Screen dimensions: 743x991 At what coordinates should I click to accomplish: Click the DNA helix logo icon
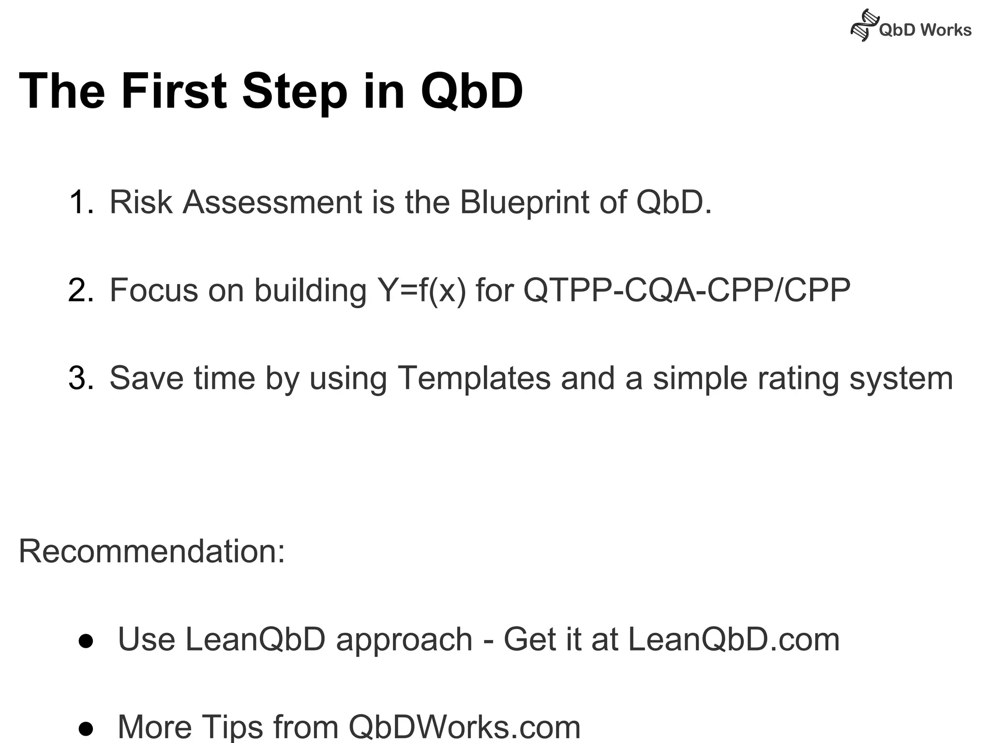[864, 25]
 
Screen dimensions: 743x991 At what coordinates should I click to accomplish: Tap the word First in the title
[174, 91]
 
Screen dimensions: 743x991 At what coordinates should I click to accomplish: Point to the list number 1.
[80, 202]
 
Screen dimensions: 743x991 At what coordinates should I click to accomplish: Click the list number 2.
[80, 290]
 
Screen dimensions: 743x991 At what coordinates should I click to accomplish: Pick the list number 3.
[80, 378]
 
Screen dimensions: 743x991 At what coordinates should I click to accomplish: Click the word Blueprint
[524, 203]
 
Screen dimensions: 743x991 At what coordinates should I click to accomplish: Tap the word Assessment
[272, 202]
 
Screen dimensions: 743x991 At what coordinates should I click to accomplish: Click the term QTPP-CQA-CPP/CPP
[687, 290]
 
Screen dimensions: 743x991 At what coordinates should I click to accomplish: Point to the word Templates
[474, 378]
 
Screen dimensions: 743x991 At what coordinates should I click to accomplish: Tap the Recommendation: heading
[152, 551]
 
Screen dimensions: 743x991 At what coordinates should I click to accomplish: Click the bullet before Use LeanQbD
[86, 640]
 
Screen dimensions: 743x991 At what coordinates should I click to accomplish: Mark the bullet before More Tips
[86, 728]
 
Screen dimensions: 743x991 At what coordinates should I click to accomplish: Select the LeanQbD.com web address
[734, 639]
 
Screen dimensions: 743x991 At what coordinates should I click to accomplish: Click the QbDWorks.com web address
[464, 727]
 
